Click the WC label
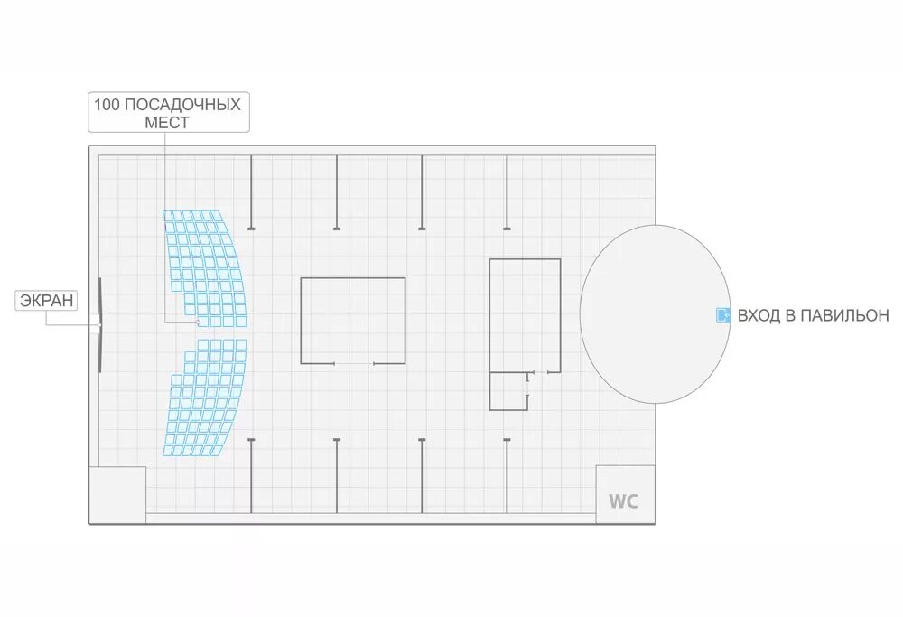(x=623, y=501)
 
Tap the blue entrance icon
(x=722, y=314)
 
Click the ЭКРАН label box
(x=45, y=301)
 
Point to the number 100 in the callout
(x=107, y=104)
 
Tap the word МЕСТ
(x=167, y=123)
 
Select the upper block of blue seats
(x=200, y=266)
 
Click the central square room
(x=352, y=320)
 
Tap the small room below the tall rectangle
(x=508, y=390)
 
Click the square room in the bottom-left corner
(x=117, y=494)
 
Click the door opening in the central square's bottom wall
(x=354, y=363)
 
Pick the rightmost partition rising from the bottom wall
(x=507, y=475)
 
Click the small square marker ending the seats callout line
(x=197, y=322)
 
